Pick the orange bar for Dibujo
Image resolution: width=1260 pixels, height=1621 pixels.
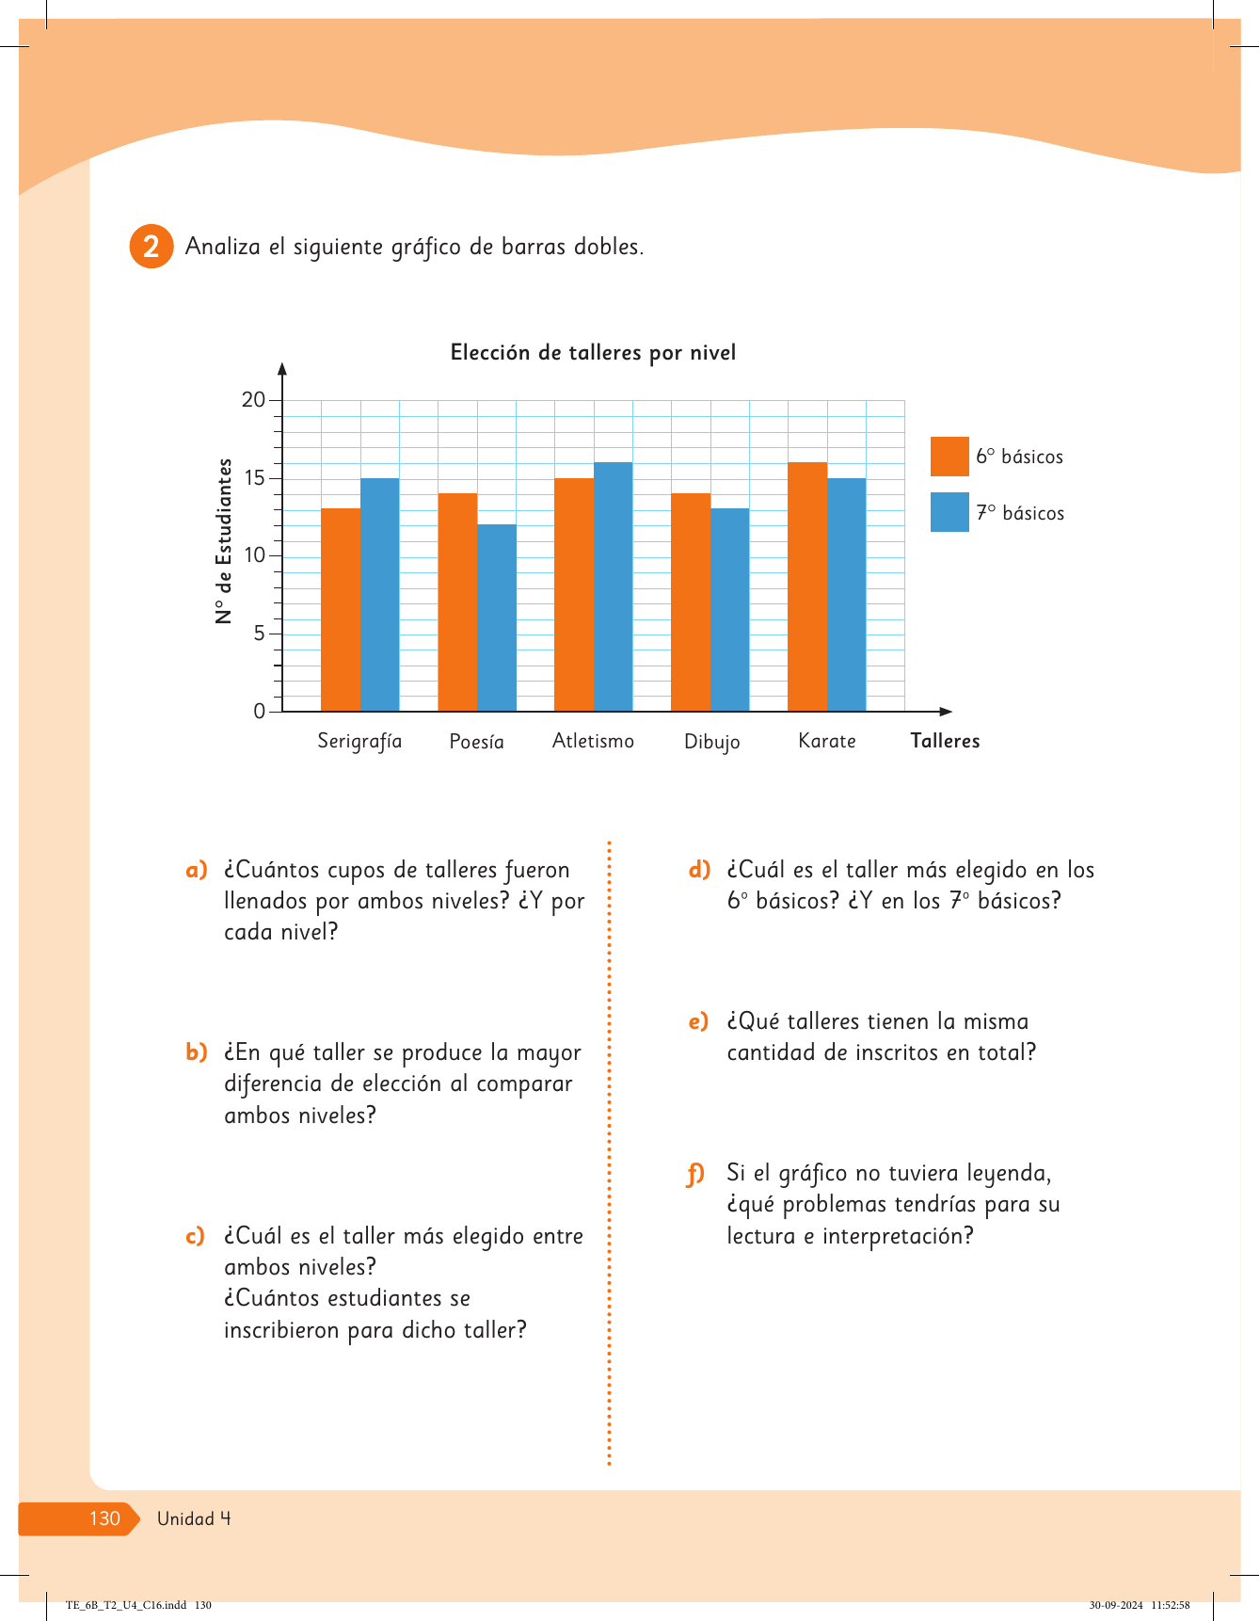(x=691, y=602)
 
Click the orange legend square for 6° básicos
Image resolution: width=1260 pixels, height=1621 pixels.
(x=949, y=457)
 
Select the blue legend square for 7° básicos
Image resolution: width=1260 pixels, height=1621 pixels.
(x=949, y=512)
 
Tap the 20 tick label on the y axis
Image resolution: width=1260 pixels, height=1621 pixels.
(x=253, y=400)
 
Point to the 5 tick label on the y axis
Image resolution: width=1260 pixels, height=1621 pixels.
(x=259, y=634)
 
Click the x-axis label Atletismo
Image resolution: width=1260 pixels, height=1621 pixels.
(x=593, y=741)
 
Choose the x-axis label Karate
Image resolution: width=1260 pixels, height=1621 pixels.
(x=826, y=741)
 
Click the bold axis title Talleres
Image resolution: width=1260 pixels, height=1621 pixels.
(x=945, y=741)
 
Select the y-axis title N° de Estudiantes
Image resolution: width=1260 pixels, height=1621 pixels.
(x=224, y=541)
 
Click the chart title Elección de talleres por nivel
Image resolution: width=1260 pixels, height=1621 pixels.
(x=593, y=353)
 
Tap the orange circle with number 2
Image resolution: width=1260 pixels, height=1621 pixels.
(x=151, y=247)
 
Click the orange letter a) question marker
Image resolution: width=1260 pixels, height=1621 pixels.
(x=196, y=870)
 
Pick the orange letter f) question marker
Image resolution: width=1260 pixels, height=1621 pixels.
(x=695, y=1174)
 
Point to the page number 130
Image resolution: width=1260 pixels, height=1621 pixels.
(x=104, y=1518)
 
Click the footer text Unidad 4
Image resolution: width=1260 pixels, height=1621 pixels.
(x=194, y=1518)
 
